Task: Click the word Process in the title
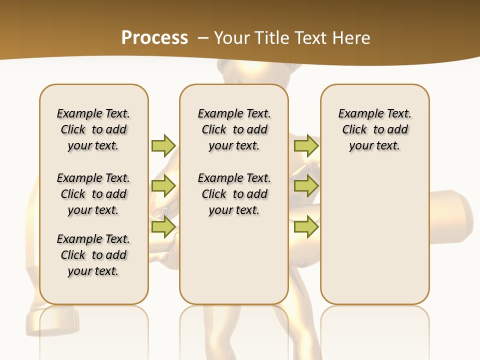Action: [x=154, y=38]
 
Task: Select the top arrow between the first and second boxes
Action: [x=163, y=145]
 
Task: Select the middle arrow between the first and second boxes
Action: [x=163, y=186]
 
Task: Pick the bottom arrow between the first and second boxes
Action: [x=163, y=227]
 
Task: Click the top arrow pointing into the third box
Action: [x=306, y=145]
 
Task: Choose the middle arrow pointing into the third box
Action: [x=306, y=186]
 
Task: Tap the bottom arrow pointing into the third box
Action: [x=306, y=227]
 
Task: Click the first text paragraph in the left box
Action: [x=93, y=129]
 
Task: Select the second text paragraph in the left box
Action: [x=93, y=194]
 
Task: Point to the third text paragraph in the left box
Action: [x=93, y=255]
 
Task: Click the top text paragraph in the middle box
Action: [x=234, y=129]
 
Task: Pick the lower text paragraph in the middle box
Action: [x=234, y=194]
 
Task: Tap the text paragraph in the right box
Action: [x=374, y=129]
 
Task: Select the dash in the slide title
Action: [x=203, y=38]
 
